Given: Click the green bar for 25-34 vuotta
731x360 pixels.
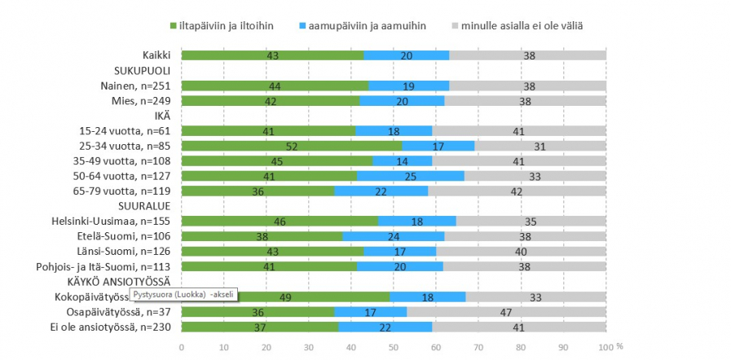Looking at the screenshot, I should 291,146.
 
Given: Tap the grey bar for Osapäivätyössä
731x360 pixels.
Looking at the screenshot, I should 506,311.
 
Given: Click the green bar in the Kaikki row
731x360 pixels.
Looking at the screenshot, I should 272,55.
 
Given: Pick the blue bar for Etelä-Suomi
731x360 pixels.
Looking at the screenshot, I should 394,236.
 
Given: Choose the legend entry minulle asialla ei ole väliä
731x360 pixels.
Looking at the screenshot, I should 516,25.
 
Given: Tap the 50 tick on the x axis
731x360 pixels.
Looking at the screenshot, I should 394,346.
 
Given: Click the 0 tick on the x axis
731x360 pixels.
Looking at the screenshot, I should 182,346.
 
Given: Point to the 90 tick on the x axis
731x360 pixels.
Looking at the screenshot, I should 563,346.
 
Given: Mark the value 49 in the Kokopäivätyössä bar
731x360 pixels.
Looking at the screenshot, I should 285,296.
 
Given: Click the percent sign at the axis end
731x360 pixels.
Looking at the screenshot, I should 619,346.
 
